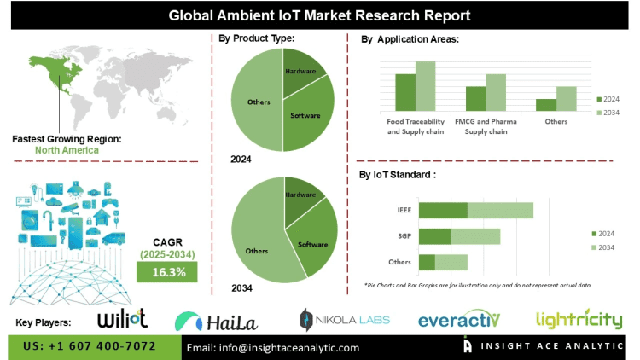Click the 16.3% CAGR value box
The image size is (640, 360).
tap(166, 271)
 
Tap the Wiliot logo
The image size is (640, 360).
tap(123, 320)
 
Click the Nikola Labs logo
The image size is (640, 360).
tap(344, 320)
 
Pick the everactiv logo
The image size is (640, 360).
tap(458, 320)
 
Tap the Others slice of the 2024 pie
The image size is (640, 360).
tap(259, 102)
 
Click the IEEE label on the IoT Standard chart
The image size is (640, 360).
tap(402, 210)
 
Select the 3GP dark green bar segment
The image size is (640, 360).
tap(434, 236)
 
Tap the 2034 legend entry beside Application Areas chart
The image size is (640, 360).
tap(607, 113)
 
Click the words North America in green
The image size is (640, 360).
tap(67, 150)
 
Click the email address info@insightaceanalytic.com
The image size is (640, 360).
tap(273, 347)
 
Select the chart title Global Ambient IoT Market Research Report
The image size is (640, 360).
tap(320, 14)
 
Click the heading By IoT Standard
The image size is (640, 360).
tap(399, 174)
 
